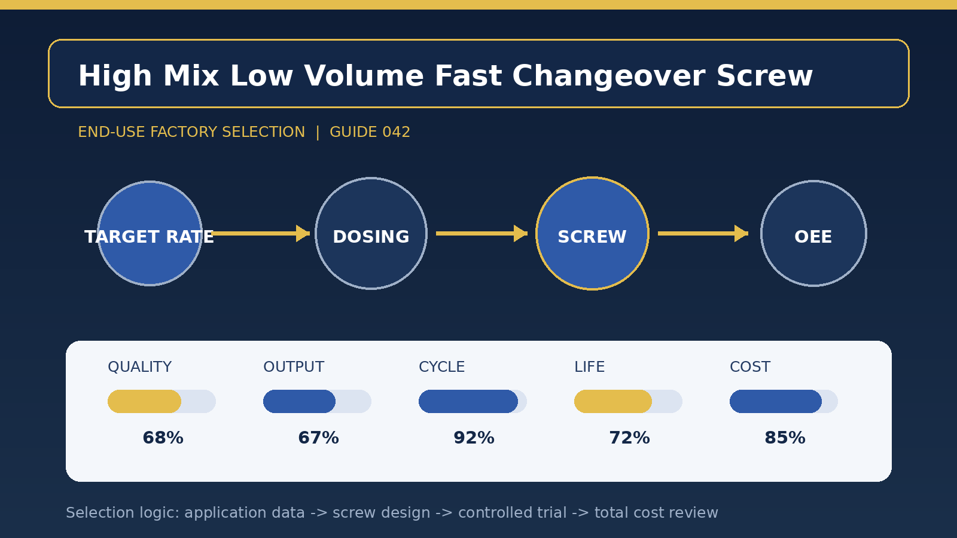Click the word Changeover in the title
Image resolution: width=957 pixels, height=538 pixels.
(608, 77)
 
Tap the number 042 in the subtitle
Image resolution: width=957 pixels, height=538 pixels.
(396, 132)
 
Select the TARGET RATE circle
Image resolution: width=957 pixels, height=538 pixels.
(150, 234)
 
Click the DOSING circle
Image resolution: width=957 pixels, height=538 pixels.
(371, 234)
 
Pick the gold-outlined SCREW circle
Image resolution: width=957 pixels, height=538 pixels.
(592, 234)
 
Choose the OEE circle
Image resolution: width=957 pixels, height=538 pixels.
(813, 234)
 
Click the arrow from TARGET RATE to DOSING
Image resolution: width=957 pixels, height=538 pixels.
(261, 234)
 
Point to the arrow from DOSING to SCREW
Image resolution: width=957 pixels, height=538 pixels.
(482, 234)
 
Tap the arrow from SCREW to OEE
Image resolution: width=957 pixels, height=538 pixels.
(703, 234)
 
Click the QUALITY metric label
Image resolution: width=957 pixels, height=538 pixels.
(140, 367)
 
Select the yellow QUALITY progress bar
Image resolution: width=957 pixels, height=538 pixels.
(144, 401)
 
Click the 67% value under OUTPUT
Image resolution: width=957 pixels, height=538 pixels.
(318, 438)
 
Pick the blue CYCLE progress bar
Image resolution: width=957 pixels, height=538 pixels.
(468, 401)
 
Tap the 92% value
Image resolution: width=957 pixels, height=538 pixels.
(474, 438)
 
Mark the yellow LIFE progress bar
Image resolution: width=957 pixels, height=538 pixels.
(613, 401)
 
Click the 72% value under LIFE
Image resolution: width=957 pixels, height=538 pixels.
(629, 438)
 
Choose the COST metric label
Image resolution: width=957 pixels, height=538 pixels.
(750, 367)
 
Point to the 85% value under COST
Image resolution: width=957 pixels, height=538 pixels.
(785, 438)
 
